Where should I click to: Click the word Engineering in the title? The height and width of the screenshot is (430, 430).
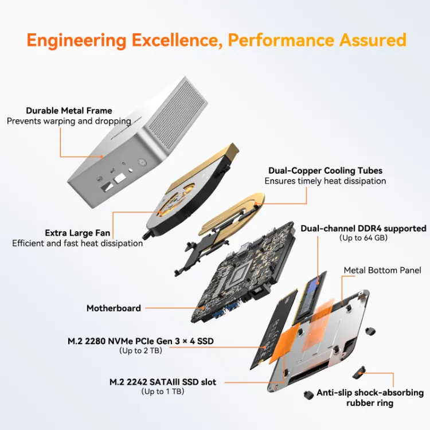(x=76, y=41)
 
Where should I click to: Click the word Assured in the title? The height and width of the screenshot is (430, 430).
(x=373, y=40)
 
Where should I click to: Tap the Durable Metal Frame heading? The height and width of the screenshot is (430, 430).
(x=69, y=111)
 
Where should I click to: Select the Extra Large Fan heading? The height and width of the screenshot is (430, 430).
(x=77, y=233)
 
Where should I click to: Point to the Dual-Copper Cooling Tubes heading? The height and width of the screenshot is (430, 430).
(x=325, y=171)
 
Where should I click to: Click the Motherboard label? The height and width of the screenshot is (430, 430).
(x=114, y=308)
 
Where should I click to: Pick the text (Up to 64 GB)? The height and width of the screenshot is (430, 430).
(x=363, y=238)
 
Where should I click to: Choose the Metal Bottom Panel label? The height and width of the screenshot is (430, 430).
(x=382, y=271)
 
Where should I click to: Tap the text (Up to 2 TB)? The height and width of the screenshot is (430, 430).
(x=140, y=350)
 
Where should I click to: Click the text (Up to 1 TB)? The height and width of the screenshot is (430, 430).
(x=163, y=392)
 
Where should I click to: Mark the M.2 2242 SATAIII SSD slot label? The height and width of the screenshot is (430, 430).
(x=163, y=382)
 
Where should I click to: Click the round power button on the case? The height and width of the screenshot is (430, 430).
(x=142, y=163)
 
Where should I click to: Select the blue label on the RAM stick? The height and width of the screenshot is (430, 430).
(x=313, y=287)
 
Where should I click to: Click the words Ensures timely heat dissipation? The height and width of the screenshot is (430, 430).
(x=325, y=181)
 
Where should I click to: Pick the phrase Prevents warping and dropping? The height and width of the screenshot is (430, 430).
(x=69, y=121)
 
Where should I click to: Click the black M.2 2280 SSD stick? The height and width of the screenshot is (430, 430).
(x=273, y=329)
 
